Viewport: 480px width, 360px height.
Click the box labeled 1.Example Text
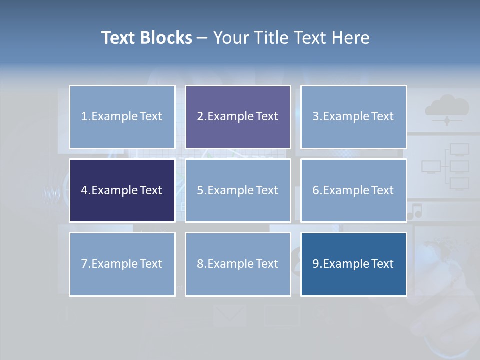122,117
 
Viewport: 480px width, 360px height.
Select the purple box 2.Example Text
238,117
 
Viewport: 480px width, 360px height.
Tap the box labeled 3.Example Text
353,117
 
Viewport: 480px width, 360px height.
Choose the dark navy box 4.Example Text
122,190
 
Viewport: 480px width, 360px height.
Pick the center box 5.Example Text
238,190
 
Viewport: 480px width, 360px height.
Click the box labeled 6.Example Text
353,190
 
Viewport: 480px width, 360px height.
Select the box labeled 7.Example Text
122,264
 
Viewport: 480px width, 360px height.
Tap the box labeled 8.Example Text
238,264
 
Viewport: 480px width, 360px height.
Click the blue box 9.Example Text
353,264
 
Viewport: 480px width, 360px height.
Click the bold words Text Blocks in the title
146,38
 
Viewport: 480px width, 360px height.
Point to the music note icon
415,211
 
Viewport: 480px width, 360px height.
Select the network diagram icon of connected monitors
446,166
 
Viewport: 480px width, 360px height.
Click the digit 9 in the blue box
315,264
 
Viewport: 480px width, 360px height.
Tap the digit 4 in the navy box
84,190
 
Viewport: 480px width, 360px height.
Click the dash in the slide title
202,38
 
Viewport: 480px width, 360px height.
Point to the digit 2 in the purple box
200,117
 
